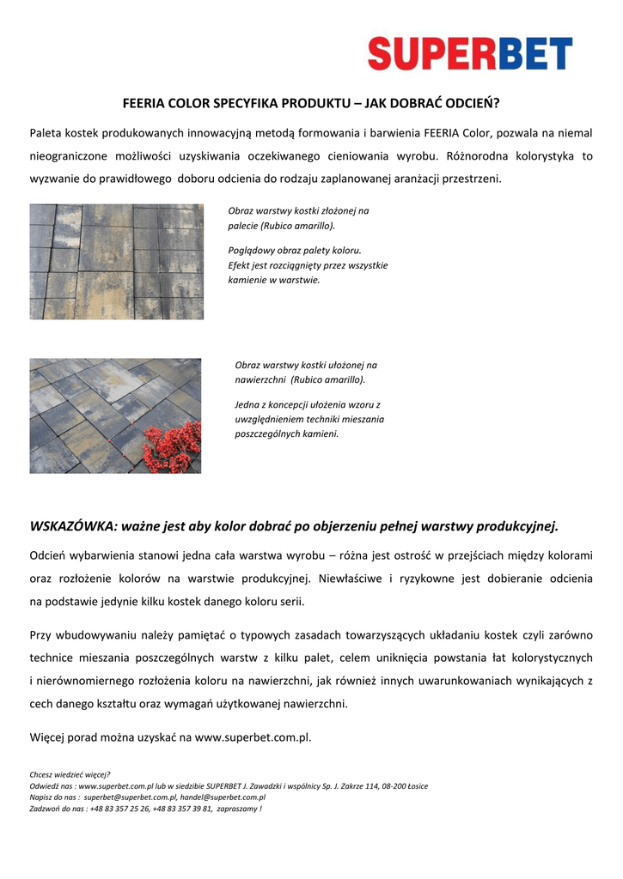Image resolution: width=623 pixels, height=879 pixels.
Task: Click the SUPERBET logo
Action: click(x=470, y=53)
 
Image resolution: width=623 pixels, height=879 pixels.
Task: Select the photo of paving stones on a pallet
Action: click(x=116, y=262)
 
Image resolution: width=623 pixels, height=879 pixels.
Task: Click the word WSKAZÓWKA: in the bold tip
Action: click(x=73, y=525)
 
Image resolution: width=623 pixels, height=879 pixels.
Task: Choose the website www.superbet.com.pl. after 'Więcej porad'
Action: click(x=253, y=737)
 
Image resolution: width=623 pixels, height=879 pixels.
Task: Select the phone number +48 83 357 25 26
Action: click(x=119, y=808)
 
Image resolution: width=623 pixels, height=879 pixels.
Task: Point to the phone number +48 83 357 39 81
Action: click(x=183, y=808)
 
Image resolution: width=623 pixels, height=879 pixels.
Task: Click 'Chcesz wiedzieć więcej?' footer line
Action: click(x=70, y=774)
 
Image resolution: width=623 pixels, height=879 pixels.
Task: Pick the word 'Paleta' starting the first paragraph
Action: click(x=47, y=134)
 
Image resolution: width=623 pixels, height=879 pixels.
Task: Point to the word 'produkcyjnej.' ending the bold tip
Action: click(x=521, y=525)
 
